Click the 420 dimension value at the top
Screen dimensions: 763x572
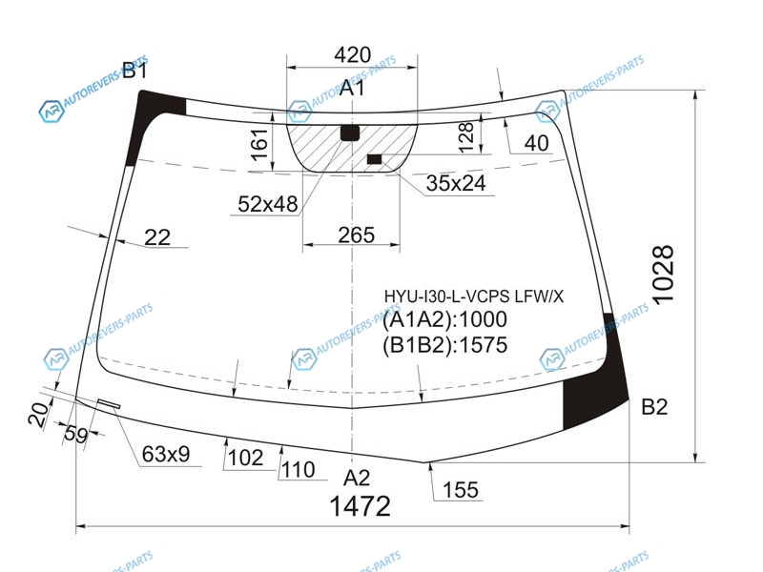tap(352, 54)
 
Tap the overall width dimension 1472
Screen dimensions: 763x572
tap(361, 506)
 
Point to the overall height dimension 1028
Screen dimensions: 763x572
tap(663, 275)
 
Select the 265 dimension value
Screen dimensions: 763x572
tap(356, 235)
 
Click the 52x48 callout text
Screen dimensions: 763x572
tap(268, 204)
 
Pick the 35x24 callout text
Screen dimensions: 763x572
tap(456, 183)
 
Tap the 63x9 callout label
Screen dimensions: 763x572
tap(165, 454)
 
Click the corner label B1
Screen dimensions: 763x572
tap(134, 71)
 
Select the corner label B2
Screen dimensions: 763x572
tap(654, 407)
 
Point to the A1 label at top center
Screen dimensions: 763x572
tap(352, 88)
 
